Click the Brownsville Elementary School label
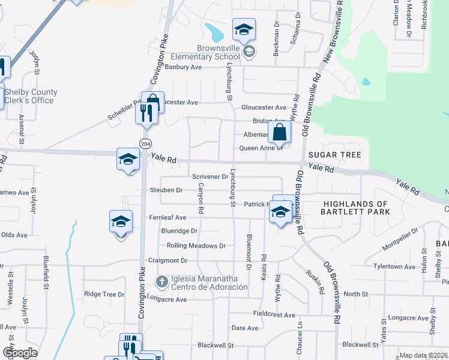[214, 52]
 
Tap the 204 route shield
[145, 143]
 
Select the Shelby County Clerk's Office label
[31, 96]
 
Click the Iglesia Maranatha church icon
[161, 281]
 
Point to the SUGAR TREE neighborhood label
[335, 155]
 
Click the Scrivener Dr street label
[210, 176]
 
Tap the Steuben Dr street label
[166, 190]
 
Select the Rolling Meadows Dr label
[196, 246]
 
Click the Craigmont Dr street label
[168, 260]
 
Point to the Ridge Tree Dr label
[104, 294]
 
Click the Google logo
[20, 353]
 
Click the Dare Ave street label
[245, 328]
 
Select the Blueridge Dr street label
[179, 230]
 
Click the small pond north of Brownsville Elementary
[213, 30]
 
